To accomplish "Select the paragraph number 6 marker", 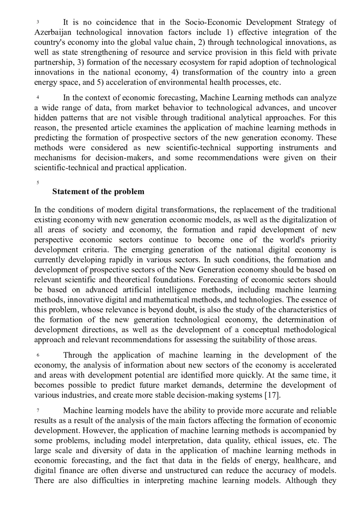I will (x=38, y=356).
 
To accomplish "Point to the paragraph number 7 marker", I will (x=38, y=411).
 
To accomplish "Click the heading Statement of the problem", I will (x=98, y=192).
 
